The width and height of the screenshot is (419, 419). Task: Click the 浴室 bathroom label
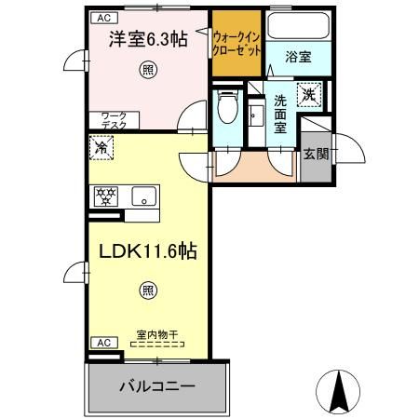pyautogui.click(x=299, y=57)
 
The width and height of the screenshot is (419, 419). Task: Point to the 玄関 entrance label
pyautogui.click(x=316, y=154)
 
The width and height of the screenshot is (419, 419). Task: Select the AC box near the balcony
pyautogui.click(x=103, y=343)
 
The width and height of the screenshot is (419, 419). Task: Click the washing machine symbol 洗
pyautogui.click(x=309, y=93)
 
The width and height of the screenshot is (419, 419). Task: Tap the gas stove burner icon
pyautogui.click(x=107, y=196)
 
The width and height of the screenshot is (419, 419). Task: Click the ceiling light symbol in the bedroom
pyautogui.click(x=147, y=70)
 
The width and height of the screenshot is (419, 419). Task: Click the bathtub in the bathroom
pyautogui.click(x=298, y=27)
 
